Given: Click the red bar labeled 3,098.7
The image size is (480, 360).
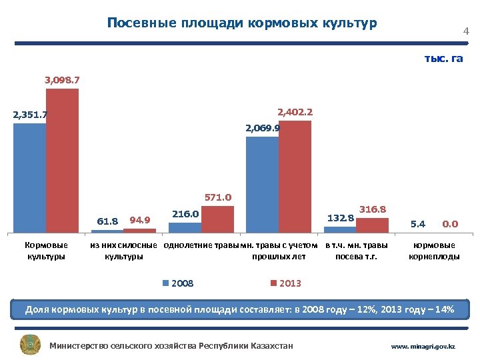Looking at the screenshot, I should point(62,160).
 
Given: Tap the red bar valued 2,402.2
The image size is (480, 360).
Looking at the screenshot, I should point(295,176).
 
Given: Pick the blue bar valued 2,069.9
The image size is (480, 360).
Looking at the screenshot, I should point(263,184).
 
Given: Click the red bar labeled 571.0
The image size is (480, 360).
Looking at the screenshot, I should point(217,219).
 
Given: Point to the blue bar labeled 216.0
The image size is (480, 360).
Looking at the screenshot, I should point(185,227).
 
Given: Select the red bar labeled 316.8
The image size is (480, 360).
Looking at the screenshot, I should point(373,225).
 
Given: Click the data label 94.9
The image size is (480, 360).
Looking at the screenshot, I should point(140,220).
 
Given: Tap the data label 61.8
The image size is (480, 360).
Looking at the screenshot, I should point(107,221).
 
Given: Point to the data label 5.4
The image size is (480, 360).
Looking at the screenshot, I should point(418,224).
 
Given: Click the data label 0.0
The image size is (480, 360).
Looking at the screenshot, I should point(450,224).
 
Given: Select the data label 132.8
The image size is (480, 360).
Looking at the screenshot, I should point(341,217).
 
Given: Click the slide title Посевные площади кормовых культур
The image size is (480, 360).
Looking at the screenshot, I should point(242,23).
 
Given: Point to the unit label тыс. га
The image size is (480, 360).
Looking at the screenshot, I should point(443,59).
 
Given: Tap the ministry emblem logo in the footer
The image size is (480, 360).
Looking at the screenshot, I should point(31,345).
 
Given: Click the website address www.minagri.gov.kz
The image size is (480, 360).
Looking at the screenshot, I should point(423,347).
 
